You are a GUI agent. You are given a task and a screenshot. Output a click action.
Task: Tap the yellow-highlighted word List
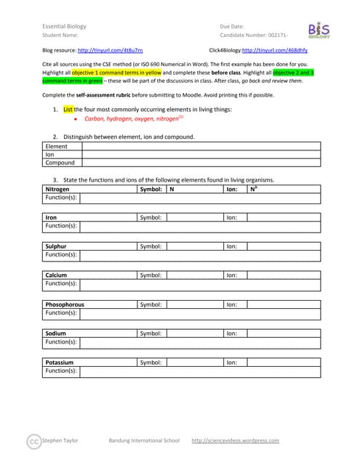pyautogui.click(x=68, y=109)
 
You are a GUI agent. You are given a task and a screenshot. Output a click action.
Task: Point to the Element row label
pyautogui.click(x=56, y=146)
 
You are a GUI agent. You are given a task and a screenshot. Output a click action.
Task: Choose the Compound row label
pyautogui.click(x=60, y=163)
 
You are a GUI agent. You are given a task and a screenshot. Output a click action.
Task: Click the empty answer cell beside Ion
pyautogui.click(x=201, y=155)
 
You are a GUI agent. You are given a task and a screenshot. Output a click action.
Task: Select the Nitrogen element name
pyautogui.click(x=58, y=189)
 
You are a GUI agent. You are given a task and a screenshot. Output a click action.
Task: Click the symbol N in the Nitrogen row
pyautogui.click(x=172, y=189)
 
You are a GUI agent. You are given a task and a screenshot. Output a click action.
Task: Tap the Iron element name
pyautogui.click(x=52, y=217)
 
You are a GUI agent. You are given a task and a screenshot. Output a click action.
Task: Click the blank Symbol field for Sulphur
pyautogui.click(x=193, y=246)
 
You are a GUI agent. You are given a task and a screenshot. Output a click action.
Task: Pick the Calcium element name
pyautogui.click(x=56, y=275)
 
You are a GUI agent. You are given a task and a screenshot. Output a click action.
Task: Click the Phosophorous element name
pyautogui.click(x=65, y=304)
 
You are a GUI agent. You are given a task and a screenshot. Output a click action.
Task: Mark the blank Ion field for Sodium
pyautogui.click(x=284, y=333)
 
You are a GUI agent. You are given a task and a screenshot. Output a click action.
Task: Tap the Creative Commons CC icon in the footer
pyautogui.click(x=33, y=441)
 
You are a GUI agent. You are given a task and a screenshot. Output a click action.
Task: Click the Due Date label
pyautogui.click(x=233, y=26)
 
